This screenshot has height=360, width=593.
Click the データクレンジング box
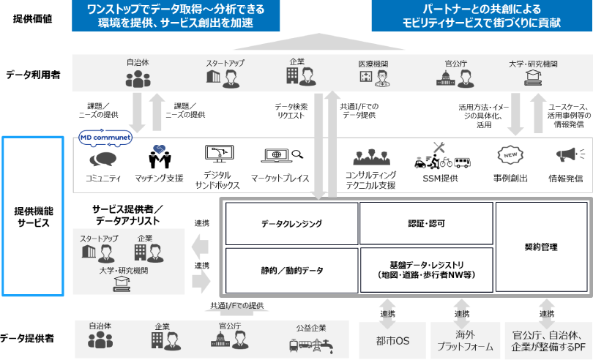coord(291,223)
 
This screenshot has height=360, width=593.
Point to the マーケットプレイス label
coord(280,178)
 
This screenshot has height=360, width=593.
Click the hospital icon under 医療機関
coord(364,76)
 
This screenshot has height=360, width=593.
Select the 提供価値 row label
coord(33,18)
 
